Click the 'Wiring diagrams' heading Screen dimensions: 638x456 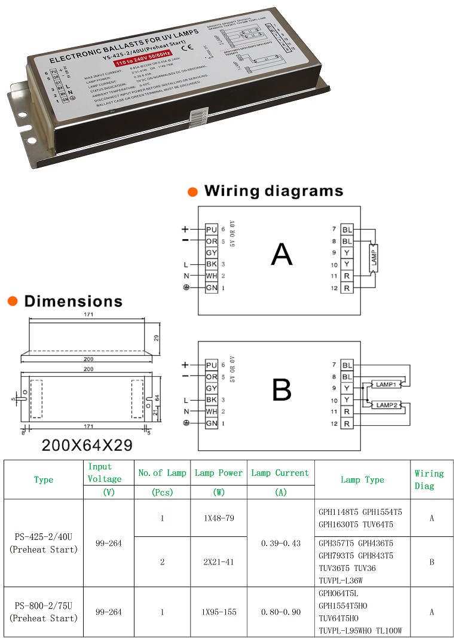(273, 191)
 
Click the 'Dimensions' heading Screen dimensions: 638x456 (73, 301)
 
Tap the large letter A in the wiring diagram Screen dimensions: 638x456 (281, 254)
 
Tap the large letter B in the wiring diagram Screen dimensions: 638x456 (281, 390)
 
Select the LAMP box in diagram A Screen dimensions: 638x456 (374, 258)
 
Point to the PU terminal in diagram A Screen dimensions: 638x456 (211, 230)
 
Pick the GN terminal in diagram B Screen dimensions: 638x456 (211, 423)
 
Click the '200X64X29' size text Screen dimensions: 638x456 (87, 445)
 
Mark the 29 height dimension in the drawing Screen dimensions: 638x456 (157, 338)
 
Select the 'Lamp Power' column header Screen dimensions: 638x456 (218, 473)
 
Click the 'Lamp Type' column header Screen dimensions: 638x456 (362, 480)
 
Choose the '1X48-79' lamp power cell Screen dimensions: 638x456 (218, 518)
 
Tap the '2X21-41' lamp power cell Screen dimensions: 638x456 (218, 562)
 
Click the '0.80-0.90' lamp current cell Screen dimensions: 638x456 (281, 612)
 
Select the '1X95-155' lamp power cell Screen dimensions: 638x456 (218, 612)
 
